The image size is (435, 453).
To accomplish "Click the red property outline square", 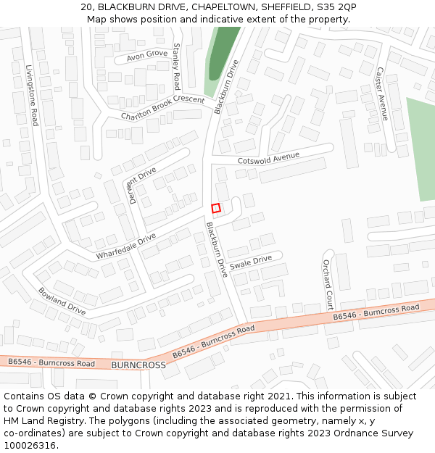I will tap(215, 208).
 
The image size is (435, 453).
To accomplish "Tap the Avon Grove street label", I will tap(146, 55).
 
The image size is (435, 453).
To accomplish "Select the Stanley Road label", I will tap(176, 65).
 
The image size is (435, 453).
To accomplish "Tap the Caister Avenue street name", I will tap(382, 93).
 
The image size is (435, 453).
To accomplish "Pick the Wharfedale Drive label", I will tap(125, 246).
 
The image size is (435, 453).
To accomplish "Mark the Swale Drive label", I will tap(250, 262).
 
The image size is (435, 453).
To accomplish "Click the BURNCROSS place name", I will tap(138, 365).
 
